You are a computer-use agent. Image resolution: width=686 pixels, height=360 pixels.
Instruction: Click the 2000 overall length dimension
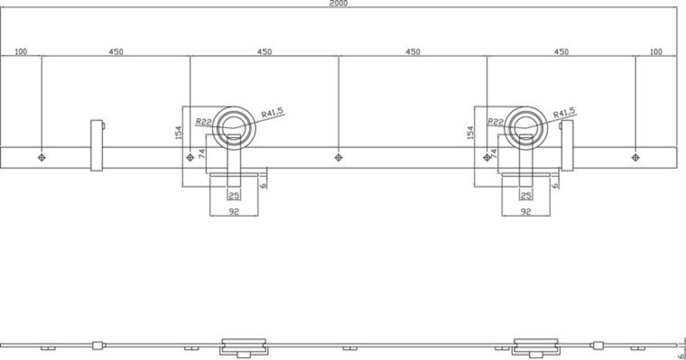[338, 3]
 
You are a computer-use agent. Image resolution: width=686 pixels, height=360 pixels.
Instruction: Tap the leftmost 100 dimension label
[21, 52]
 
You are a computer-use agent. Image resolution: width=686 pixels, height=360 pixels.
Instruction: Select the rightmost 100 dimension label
[656, 52]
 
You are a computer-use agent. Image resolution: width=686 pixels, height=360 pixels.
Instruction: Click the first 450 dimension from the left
[116, 52]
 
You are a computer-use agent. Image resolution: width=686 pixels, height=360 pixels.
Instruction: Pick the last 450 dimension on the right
[561, 52]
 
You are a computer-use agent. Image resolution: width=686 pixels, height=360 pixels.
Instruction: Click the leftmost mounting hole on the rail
[42, 157]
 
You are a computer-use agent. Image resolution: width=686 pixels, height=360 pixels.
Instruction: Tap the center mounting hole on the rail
[338, 157]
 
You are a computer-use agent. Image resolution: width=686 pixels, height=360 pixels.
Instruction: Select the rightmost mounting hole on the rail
[636, 157]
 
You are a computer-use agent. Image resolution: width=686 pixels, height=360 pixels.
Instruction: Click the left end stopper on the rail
[97, 145]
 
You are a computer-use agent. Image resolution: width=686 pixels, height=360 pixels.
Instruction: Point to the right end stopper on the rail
[567, 145]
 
